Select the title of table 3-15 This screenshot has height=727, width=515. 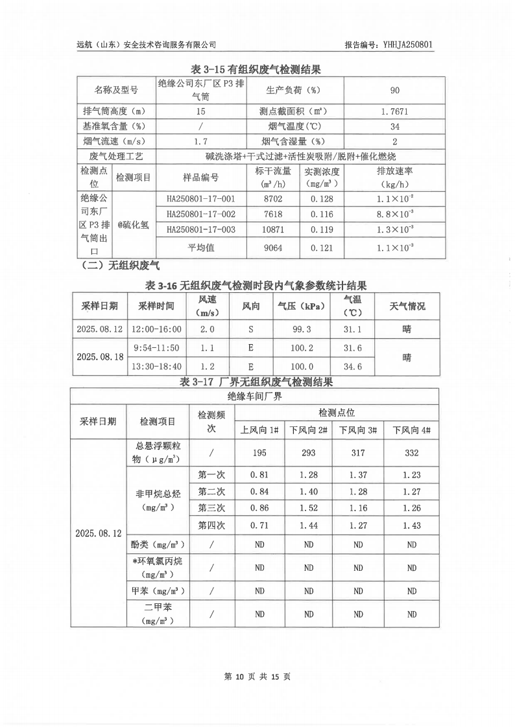pos(257,69)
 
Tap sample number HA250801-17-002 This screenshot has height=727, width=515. pos(201,214)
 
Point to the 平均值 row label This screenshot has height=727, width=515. pos(201,247)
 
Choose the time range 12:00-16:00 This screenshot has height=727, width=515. pos(156,329)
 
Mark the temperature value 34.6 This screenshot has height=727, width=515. pos(352,367)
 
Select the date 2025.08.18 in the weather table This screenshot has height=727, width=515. pos(99,357)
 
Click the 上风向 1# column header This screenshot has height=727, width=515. pos(259,430)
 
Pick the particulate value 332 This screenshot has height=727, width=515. pos(412,454)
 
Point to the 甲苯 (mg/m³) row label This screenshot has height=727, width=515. pos(158,591)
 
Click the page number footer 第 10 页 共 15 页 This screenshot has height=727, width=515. pos(257,676)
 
